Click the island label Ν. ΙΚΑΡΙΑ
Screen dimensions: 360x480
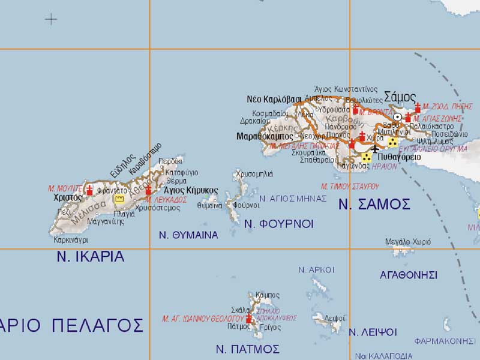91,257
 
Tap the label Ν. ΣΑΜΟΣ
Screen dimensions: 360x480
374,204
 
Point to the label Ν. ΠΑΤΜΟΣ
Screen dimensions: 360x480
248,349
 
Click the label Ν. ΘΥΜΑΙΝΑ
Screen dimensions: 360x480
188,235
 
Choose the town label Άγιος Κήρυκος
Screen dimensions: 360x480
191,190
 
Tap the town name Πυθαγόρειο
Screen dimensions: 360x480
397,157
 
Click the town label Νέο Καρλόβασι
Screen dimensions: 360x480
274,99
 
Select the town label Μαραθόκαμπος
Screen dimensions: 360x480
265,137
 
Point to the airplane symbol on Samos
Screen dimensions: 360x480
376,148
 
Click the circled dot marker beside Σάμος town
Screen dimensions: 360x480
397,116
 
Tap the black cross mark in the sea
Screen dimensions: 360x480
51,19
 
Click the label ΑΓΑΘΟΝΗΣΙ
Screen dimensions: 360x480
409,275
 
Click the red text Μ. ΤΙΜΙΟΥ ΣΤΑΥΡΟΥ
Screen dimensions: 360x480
350,187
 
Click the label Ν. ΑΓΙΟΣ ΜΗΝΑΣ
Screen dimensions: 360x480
293,198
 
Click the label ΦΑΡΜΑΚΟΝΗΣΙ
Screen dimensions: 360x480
445,341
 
